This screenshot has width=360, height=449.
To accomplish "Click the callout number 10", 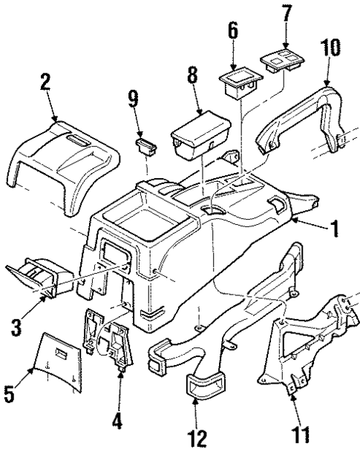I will tap(331, 50).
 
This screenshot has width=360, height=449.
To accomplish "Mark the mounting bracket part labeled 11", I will tap(312, 345).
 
